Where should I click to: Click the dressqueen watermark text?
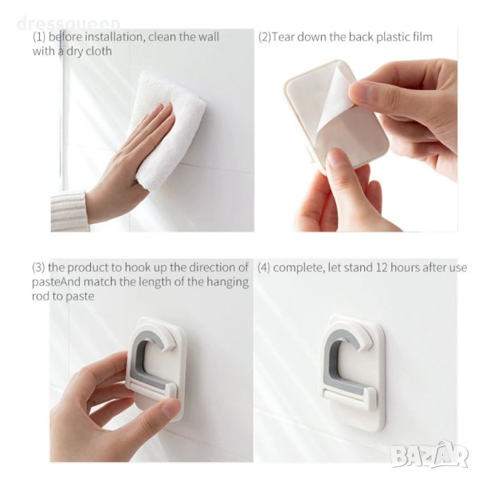tap(69, 24)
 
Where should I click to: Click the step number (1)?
tap(39, 37)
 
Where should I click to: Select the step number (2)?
tap(264, 37)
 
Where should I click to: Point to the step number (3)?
tap(38, 268)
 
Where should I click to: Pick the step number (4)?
tap(264, 268)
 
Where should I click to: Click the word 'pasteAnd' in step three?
tap(56, 282)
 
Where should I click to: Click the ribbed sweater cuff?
tap(69, 211)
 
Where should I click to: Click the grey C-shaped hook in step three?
tap(137, 354)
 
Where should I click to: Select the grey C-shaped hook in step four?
tap(331, 354)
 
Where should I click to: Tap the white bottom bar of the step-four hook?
tap(351, 396)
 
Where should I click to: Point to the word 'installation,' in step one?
tap(114, 37)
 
